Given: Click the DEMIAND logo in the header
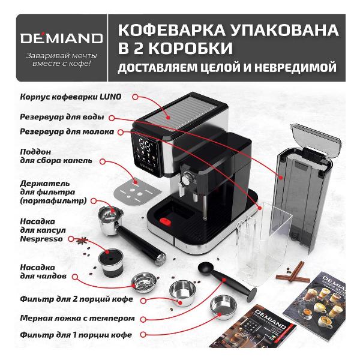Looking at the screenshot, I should [x=54, y=39].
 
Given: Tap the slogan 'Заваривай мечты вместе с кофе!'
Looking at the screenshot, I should [x=54, y=60].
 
